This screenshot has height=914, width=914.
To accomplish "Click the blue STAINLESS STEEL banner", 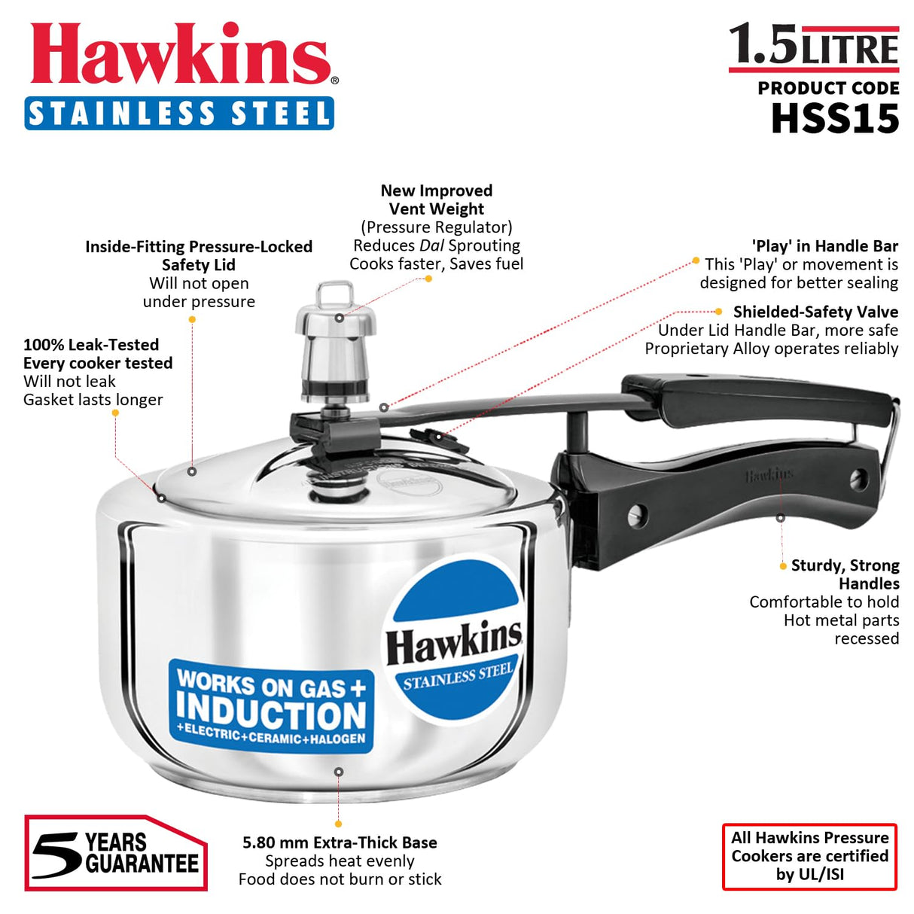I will click(x=179, y=113).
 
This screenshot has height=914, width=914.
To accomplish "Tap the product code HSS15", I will click(x=835, y=119).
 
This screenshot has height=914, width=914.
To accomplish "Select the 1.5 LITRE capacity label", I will click(x=814, y=47).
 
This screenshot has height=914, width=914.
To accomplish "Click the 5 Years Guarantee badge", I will click(x=115, y=853).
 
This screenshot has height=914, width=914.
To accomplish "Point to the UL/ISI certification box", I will click(x=809, y=856).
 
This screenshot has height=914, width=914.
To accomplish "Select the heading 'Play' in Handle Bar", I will click(x=824, y=246).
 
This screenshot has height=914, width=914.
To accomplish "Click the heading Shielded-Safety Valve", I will click(x=815, y=312).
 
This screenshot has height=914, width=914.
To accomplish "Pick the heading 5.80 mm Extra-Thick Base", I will click(x=340, y=842).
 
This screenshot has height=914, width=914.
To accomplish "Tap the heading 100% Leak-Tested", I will click(x=91, y=345).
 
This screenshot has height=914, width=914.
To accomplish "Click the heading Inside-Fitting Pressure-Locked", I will click(x=199, y=247).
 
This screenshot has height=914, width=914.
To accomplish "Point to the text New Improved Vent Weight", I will click(x=437, y=200).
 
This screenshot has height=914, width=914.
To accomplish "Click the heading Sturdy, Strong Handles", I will click(x=845, y=574).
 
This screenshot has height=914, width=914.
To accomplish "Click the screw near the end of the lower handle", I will click(x=859, y=479).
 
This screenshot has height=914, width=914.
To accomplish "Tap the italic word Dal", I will click(x=431, y=245).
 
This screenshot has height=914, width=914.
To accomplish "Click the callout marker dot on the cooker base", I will click(x=339, y=772).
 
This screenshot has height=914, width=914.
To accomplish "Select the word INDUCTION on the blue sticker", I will click(x=271, y=711).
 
